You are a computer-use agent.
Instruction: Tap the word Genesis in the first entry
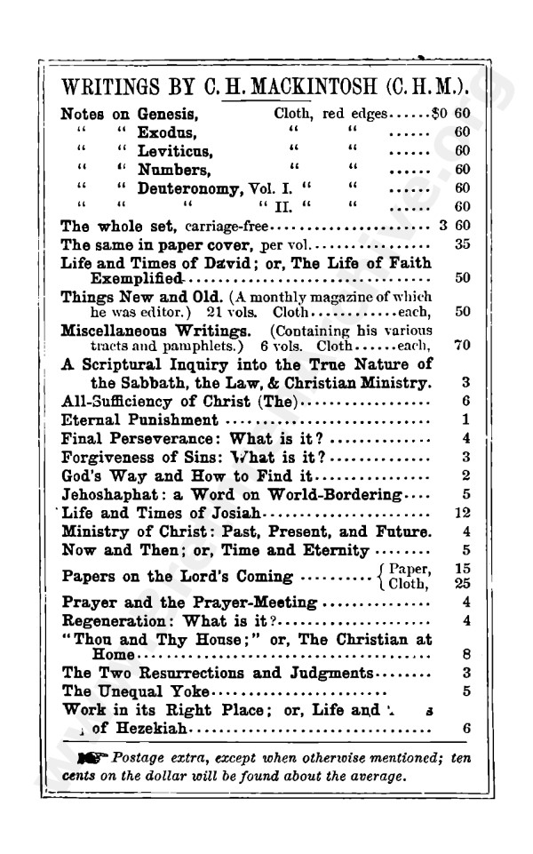click(x=166, y=114)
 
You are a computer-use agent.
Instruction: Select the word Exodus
click(x=165, y=132)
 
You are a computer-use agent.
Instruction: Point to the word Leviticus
click(x=174, y=151)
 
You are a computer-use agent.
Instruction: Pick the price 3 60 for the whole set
click(x=454, y=226)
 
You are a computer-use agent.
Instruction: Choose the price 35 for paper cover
click(x=462, y=243)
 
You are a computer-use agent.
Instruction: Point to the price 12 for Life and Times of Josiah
click(x=461, y=513)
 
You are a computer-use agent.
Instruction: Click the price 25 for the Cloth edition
click(x=461, y=584)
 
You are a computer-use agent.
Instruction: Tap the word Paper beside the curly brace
click(x=409, y=570)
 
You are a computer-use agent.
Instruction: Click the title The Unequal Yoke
click(x=136, y=690)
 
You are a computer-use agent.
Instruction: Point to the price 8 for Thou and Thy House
click(x=465, y=655)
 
